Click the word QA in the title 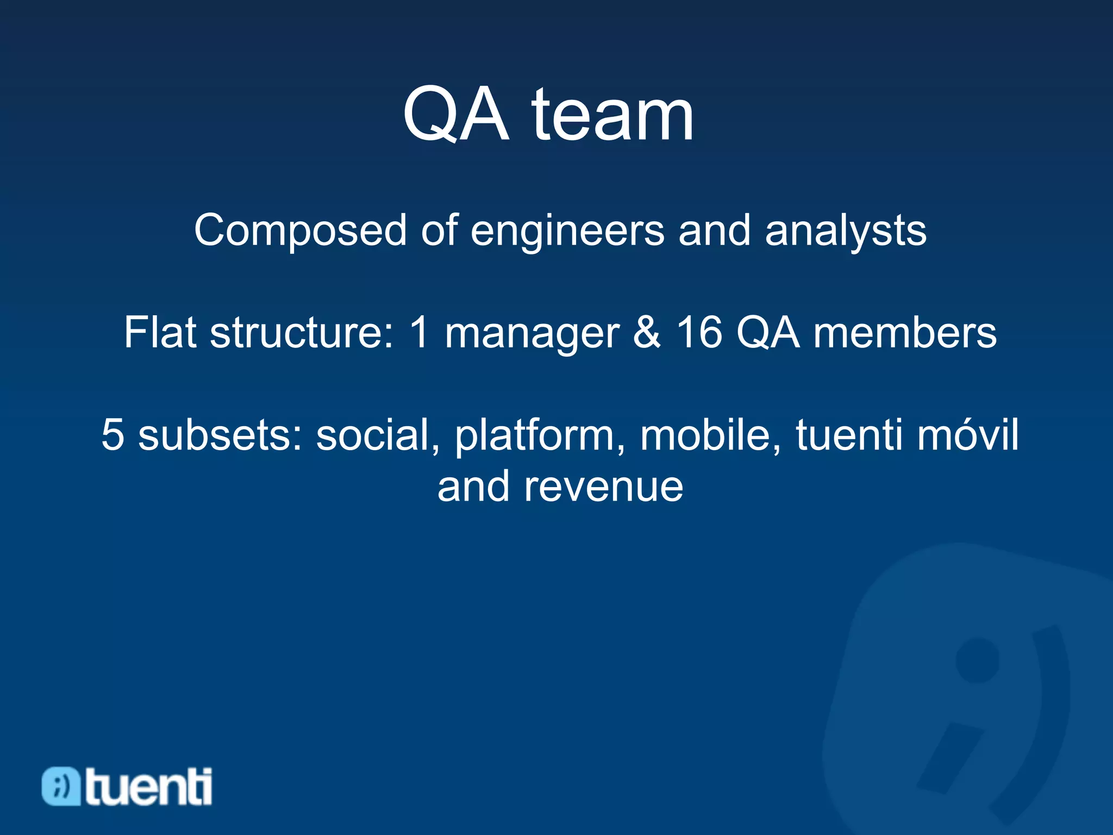pos(455,115)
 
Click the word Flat pos(160,332)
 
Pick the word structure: pos(302,332)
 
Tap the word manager pos(532,333)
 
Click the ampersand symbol pos(647,332)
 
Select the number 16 pos(699,332)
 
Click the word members pos(904,332)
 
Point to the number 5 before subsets pos(112,434)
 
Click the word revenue pos(603,486)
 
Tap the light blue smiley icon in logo pos(61,786)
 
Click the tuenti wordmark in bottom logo pos(148,787)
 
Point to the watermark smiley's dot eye pos(977,660)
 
